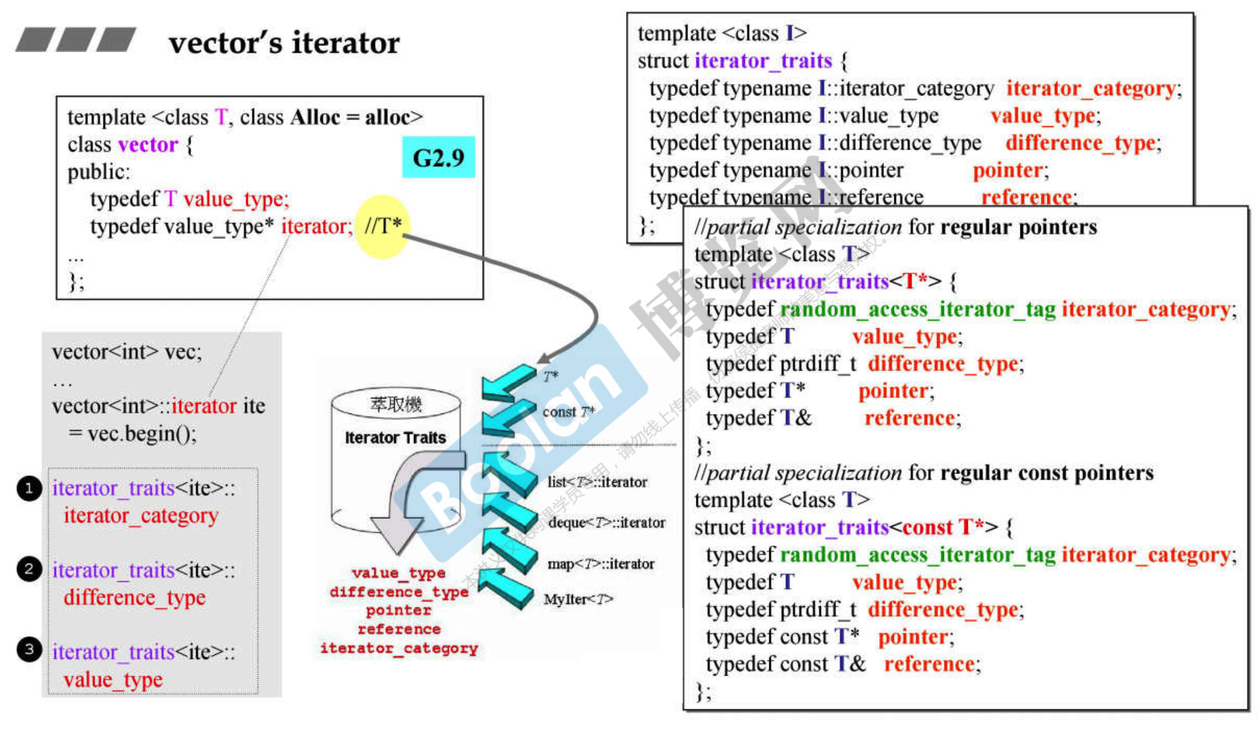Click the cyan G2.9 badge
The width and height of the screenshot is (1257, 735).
(x=438, y=157)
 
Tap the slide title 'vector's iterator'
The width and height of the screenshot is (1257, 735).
(x=284, y=43)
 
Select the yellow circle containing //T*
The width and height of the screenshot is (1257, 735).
(x=382, y=227)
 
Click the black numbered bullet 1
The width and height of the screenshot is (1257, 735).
(x=29, y=488)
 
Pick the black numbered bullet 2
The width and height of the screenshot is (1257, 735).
(x=29, y=569)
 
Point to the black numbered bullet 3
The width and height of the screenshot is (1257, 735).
(x=29, y=649)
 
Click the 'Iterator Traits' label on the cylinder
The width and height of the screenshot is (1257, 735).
(x=395, y=437)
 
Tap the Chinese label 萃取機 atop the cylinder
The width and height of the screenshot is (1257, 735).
(x=396, y=404)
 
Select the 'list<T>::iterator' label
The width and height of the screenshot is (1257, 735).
(x=597, y=482)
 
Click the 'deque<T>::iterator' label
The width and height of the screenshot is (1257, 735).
(x=606, y=522)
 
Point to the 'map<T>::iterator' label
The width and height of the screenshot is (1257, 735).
(x=600, y=563)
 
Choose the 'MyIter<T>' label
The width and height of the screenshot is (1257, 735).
(x=578, y=599)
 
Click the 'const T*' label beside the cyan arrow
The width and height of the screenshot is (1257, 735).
(x=568, y=412)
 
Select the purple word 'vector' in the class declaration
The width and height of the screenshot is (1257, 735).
(x=148, y=145)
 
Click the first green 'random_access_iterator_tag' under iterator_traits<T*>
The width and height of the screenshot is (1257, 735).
(x=918, y=309)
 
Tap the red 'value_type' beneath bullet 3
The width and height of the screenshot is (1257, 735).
(x=113, y=679)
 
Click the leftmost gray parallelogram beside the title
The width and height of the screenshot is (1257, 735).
(x=35, y=40)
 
